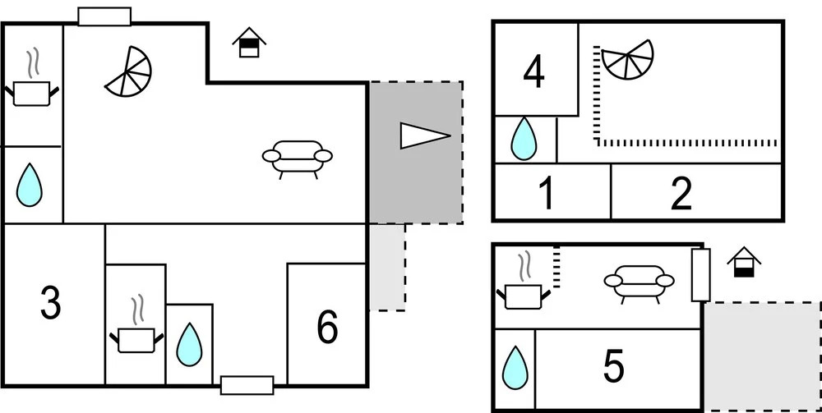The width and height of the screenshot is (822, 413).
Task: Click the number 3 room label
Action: click(51, 305)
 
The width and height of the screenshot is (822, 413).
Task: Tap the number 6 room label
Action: click(327, 328)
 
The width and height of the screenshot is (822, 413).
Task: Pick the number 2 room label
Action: click(681, 195)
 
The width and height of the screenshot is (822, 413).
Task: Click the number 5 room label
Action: click(614, 367)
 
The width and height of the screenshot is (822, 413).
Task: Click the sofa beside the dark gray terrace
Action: click(297, 157)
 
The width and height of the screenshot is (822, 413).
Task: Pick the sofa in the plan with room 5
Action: click(639, 282)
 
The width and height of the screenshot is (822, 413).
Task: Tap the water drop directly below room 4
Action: click(524, 139)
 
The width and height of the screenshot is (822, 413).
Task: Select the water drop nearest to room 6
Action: click(190, 344)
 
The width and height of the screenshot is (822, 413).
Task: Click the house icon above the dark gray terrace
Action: click(249, 43)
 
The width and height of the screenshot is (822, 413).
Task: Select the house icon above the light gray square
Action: click(744, 263)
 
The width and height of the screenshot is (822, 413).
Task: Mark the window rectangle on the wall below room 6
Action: click(247, 385)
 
